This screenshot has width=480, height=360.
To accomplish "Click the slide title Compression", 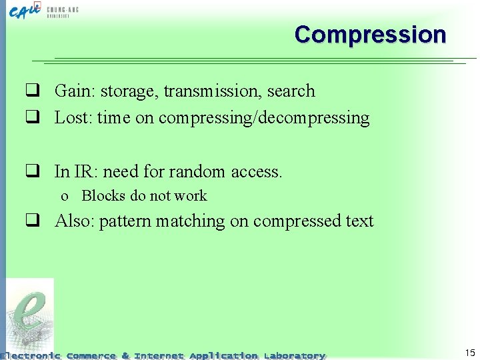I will coord(370,35).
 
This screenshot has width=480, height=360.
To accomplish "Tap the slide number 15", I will coord(470,352).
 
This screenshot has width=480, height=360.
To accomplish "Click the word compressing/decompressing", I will coord(264,119).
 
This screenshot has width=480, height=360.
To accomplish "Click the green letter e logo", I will coord(31,317).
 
